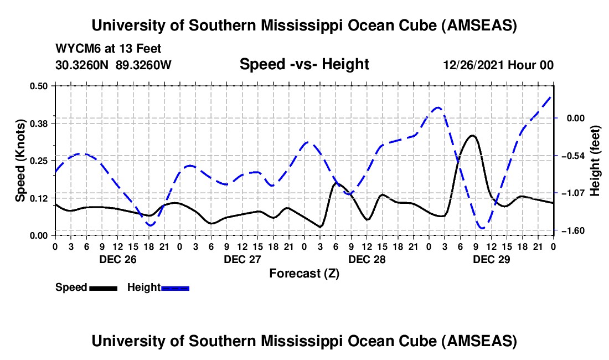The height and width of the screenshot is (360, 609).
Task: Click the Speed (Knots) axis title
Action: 20,161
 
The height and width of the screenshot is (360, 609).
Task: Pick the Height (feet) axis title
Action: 595,161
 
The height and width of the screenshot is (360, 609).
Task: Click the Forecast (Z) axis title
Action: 304,273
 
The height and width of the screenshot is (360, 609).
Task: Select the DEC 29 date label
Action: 491,259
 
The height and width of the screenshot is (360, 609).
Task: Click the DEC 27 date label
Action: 242,259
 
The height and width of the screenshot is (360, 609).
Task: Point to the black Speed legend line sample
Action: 102,288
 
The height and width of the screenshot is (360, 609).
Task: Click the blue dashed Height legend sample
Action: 175,288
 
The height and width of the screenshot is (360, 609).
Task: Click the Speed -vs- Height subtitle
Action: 304,65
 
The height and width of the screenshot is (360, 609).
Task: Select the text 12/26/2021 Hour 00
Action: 498,65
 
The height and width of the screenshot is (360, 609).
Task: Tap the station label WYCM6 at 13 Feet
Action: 109,49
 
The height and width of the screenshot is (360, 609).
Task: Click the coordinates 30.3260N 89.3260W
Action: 113,65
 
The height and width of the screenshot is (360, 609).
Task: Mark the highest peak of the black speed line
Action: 472,135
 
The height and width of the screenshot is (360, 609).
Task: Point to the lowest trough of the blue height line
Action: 482,228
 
